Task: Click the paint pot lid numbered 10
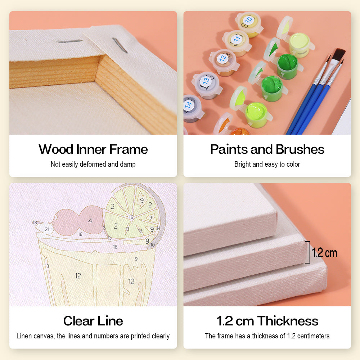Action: pos(248,21)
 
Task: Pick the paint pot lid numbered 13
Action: pos(206,81)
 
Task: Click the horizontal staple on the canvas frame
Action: pos(69,41)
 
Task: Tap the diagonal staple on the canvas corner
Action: pos(120,45)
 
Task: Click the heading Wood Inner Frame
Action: pos(93,149)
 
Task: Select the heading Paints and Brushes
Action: pos(267,149)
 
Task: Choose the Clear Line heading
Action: pos(93,321)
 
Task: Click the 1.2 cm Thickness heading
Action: pos(267,321)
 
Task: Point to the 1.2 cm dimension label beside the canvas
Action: pos(324,253)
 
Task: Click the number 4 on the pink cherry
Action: pos(90,221)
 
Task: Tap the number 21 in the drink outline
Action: pos(47,229)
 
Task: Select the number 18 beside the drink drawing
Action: pos(35,222)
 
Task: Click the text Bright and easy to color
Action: pos(267,164)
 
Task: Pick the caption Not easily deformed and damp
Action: pos(93,164)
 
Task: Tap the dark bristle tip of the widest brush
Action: pos(339,54)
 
